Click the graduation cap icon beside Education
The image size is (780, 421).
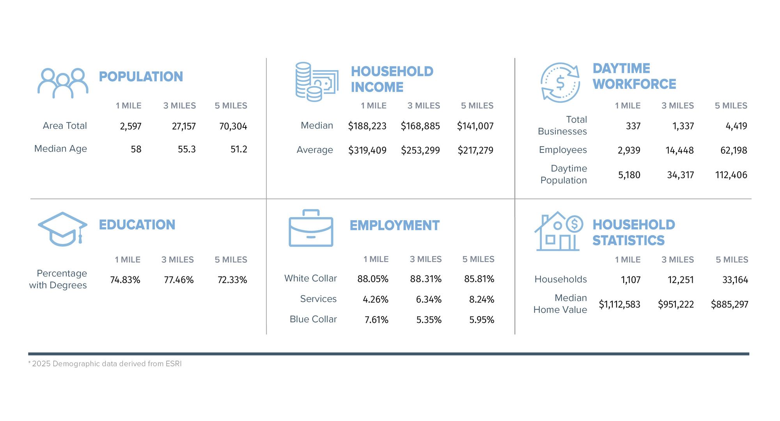(x=62, y=229)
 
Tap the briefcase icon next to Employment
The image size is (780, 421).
(x=311, y=228)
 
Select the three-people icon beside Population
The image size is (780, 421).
(x=63, y=83)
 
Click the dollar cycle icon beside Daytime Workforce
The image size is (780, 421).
(x=560, y=83)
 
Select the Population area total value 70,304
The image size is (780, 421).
(x=233, y=126)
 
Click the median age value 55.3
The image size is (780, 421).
(x=186, y=149)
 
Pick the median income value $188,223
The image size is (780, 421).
(x=367, y=126)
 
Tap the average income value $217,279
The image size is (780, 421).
(x=475, y=150)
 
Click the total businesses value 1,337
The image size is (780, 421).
(x=683, y=126)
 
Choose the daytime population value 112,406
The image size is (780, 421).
(x=731, y=175)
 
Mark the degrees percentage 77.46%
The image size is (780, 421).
(x=179, y=280)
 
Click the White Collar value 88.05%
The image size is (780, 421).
(x=373, y=279)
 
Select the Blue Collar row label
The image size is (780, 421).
(x=313, y=319)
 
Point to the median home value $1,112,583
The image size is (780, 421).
(x=619, y=304)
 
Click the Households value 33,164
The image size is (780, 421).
(x=735, y=280)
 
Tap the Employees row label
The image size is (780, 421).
(x=563, y=150)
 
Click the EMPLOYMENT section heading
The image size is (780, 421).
(x=394, y=225)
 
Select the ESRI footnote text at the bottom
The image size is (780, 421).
(x=105, y=364)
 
